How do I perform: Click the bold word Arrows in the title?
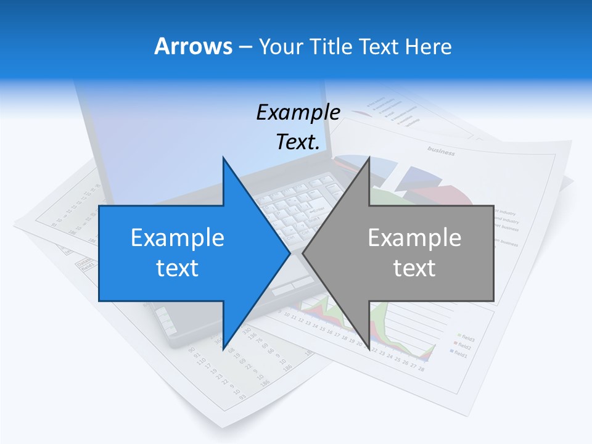pos(193,46)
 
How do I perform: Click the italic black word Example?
pos(298,112)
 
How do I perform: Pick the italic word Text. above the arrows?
pos(298,142)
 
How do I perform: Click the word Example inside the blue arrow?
pos(178,237)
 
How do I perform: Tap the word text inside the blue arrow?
pos(178,268)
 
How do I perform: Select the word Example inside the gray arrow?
pos(414,237)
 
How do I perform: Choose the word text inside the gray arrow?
pos(414,268)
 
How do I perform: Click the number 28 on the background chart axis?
pos(421,369)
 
